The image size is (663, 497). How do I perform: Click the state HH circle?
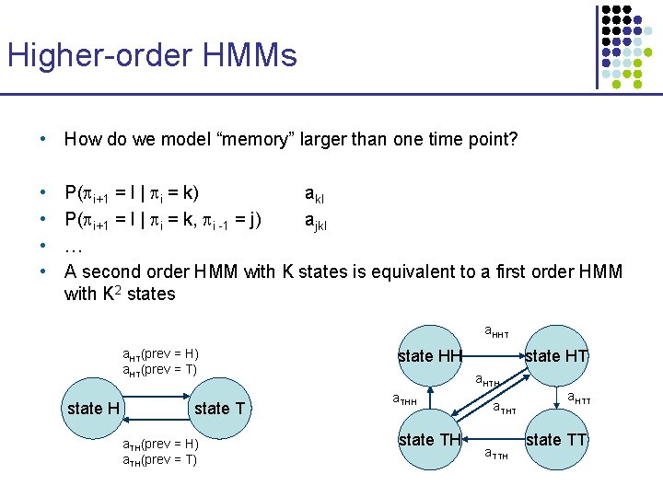tap(429, 355)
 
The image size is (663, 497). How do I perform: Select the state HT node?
tap(556, 355)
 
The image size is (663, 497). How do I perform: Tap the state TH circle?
tap(429, 440)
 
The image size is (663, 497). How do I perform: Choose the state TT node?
tap(556, 440)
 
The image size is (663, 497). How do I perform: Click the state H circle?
tap(96, 408)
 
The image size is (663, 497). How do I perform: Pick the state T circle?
tap(220, 408)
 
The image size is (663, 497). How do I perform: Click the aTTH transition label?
tap(496, 454)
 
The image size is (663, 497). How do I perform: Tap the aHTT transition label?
tap(579, 399)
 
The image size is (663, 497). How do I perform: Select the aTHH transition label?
tap(405, 399)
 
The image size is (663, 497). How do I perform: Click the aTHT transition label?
tap(505, 407)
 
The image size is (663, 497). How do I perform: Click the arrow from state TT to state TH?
tap(493, 440)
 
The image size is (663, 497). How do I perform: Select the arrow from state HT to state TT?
tap(557, 398)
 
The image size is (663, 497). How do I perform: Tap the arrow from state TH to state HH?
tap(430, 398)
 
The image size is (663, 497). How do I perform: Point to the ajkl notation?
tap(317, 222)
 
